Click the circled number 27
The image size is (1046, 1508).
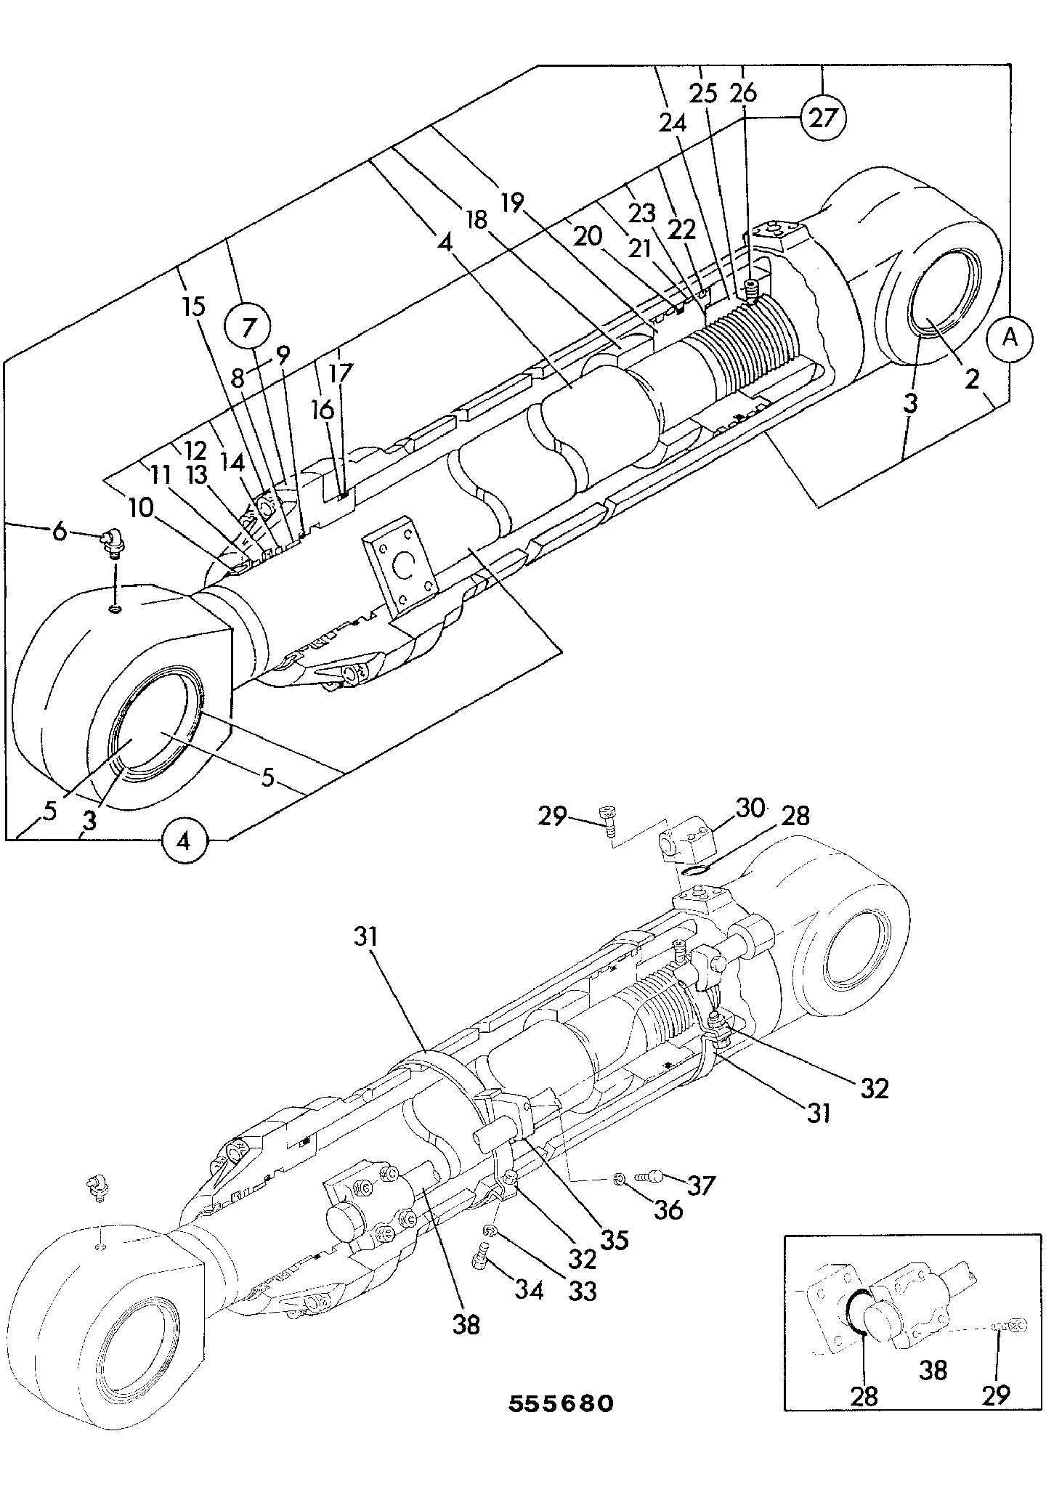coord(824,117)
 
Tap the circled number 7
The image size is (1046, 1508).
coord(248,328)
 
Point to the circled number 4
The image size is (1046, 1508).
coord(185,841)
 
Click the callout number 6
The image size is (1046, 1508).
coord(60,532)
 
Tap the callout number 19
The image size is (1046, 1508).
coord(511,203)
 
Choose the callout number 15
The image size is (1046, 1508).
coord(194,307)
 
